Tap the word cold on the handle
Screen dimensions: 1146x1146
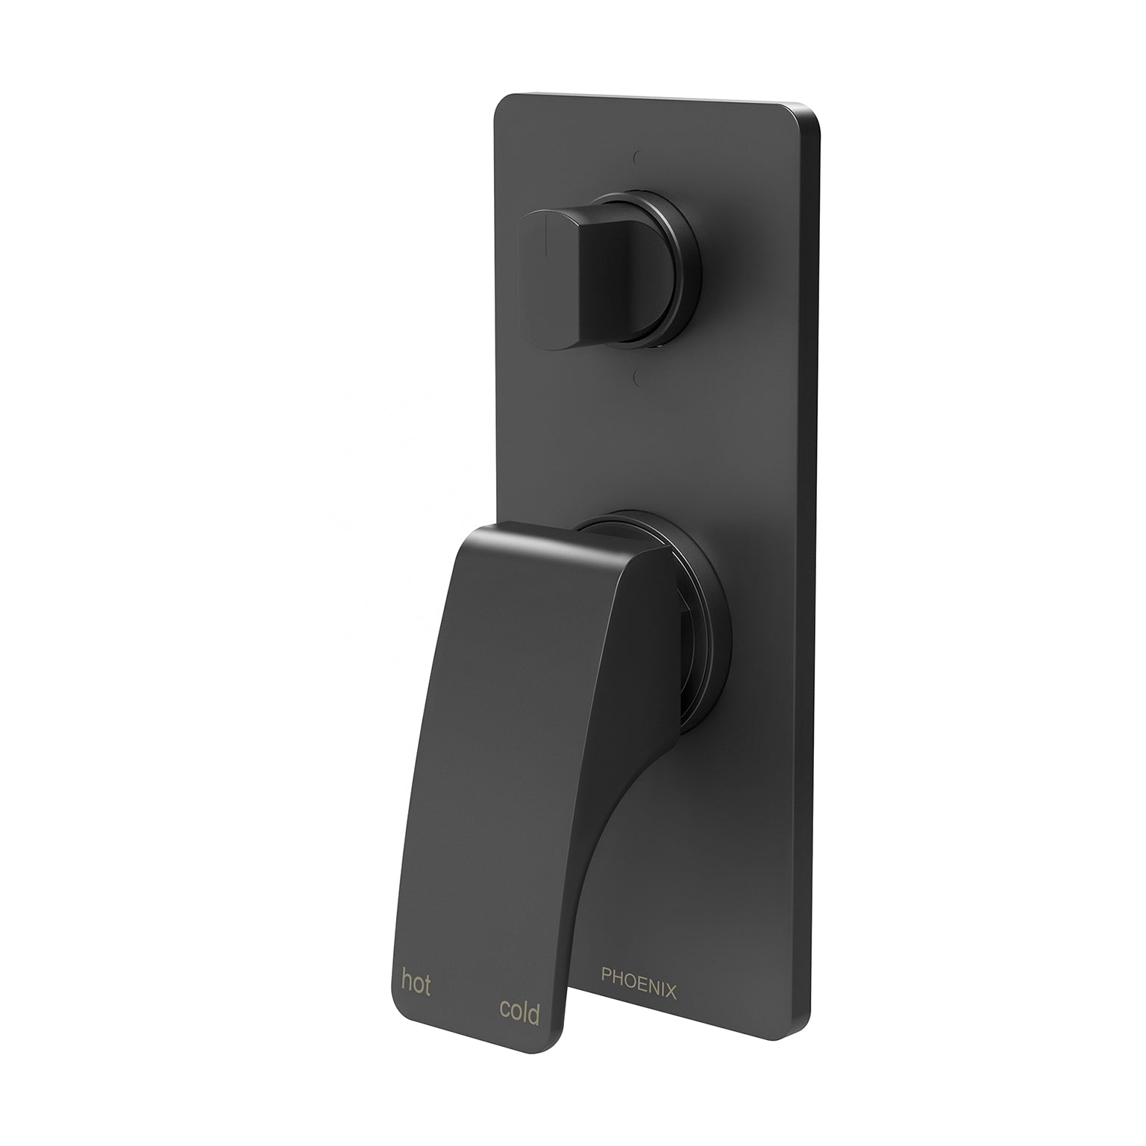point(519,1011)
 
